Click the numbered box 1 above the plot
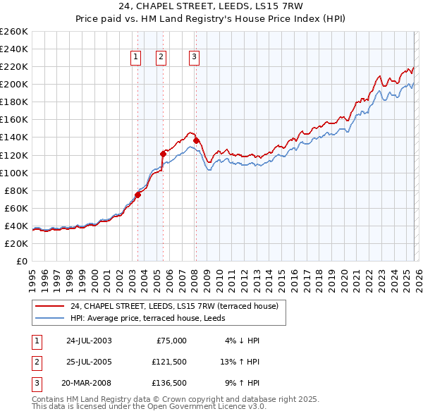pyautogui.click(x=135, y=58)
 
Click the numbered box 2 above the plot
pyautogui.click(x=161, y=58)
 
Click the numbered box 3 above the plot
pyautogui.click(x=194, y=58)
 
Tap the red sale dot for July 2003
pyautogui.click(x=138, y=195)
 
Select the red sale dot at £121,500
pyautogui.click(x=163, y=153)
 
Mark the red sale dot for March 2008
pyautogui.click(x=196, y=140)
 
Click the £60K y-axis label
pyautogui.click(x=17, y=208)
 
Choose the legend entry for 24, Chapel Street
pyautogui.click(x=175, y=306)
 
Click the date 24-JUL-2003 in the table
pyautogui.click(x=89, y=341)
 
